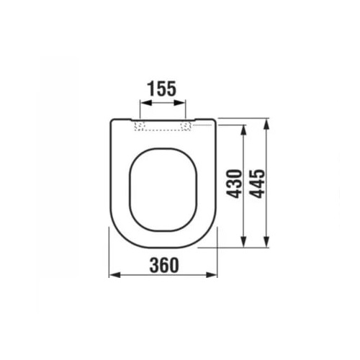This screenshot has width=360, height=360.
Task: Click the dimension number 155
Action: point(161,89)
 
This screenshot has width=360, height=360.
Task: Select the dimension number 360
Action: point(164,265)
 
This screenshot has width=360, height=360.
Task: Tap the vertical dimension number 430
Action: point(234,184)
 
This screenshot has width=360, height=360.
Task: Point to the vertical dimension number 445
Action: point(257,184)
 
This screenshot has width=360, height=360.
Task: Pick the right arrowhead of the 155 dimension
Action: point(180,103)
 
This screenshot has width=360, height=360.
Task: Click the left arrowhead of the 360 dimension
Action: point(114,275)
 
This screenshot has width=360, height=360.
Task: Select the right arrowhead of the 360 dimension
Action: point(212,275)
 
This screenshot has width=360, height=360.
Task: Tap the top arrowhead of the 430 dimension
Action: point(244,131)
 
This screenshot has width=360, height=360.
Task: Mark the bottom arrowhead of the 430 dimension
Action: point(244,241)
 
